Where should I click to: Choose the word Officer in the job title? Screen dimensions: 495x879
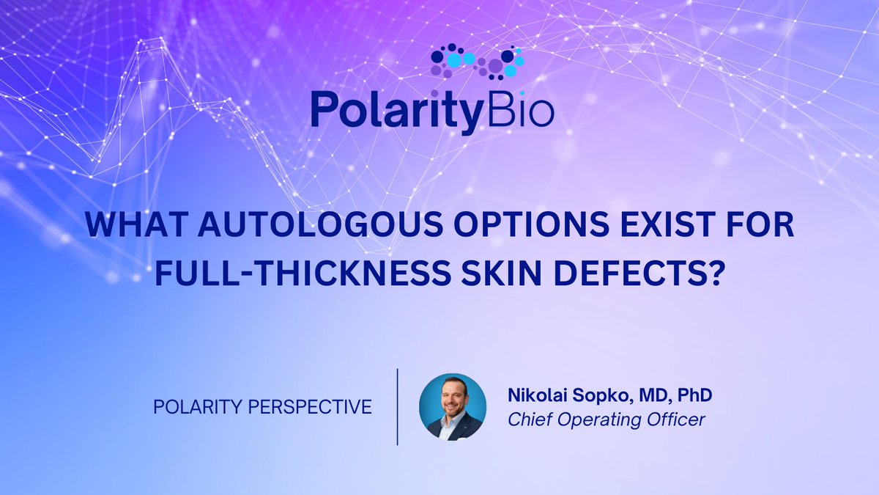point(677,420)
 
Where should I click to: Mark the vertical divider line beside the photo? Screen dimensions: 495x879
point(397,406)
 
